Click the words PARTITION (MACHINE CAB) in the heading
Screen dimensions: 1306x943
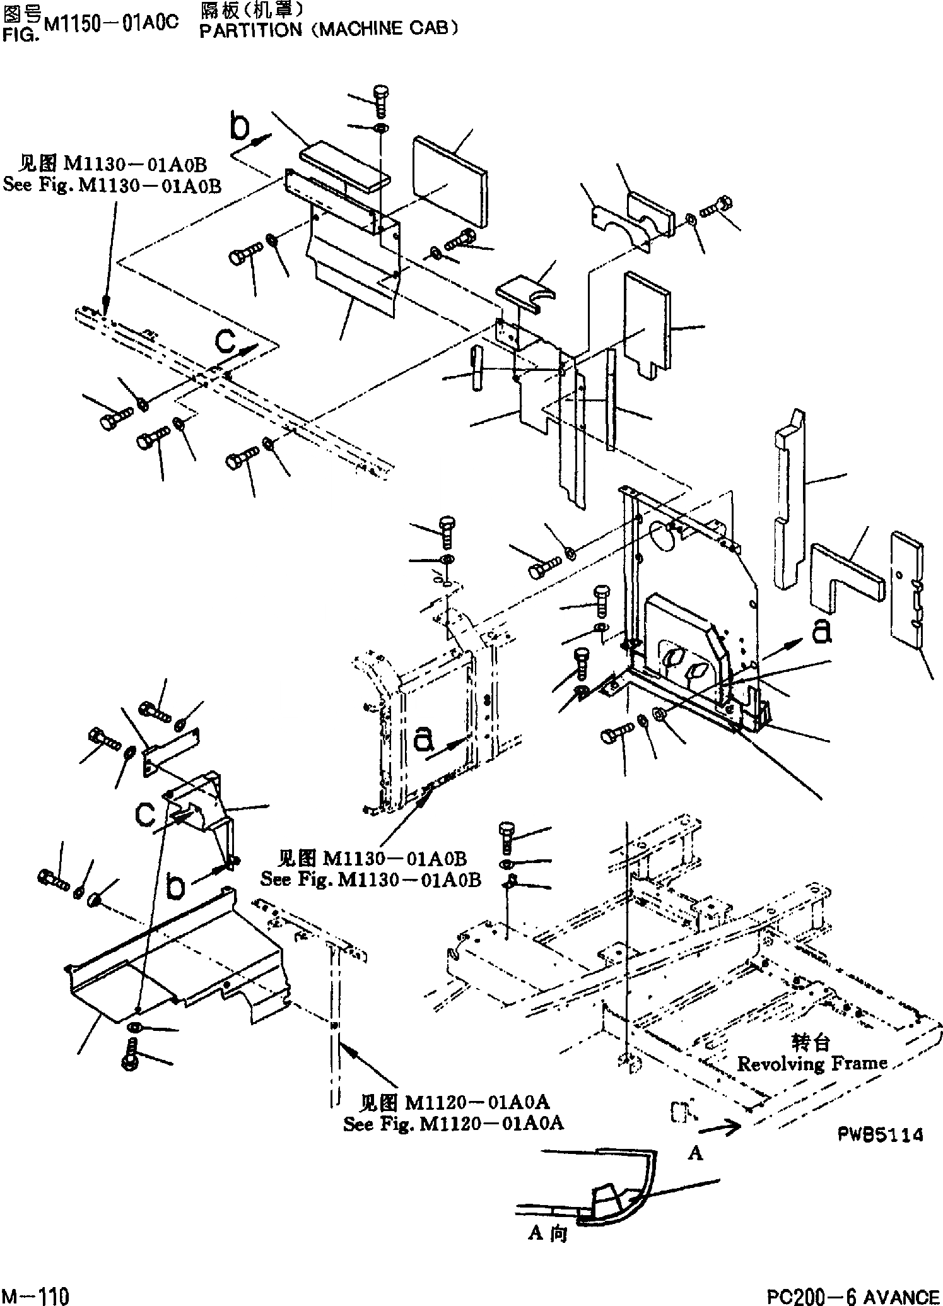[328, 30]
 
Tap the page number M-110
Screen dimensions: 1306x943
[36, 1293]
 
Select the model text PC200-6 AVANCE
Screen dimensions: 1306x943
[853, 1293]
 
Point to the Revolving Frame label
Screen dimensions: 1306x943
[812, 1064]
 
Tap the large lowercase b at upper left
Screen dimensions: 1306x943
[240, 127]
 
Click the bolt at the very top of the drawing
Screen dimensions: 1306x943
[380, 98]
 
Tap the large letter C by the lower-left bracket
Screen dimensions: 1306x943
[146, 815]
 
